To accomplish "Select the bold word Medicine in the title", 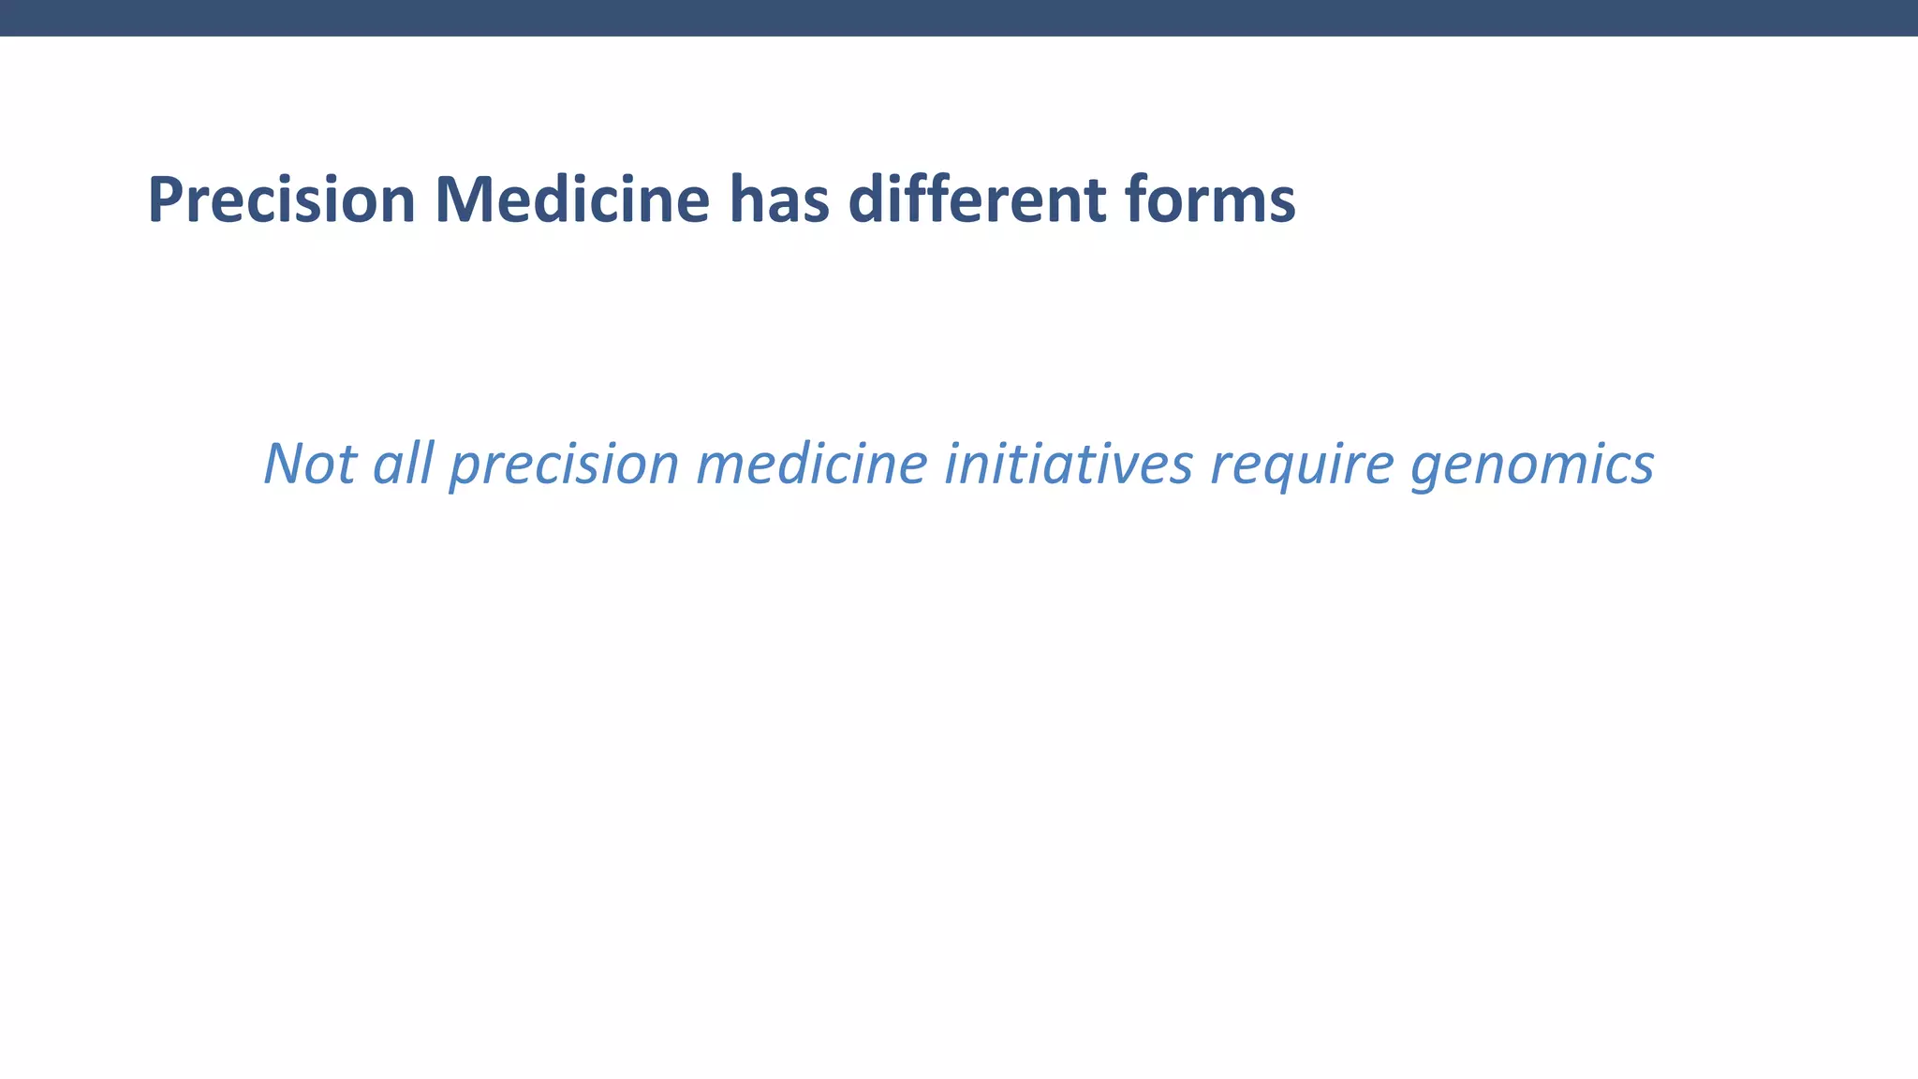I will tap(572, 200).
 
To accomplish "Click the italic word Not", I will tap(309, 463).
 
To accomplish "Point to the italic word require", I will tap(1302, 465).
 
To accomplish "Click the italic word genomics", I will tap(1532, 465).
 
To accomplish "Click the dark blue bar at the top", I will tap(959, 18).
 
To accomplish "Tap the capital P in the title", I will tap(165, 200).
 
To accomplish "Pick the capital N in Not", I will tap(285, 463).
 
